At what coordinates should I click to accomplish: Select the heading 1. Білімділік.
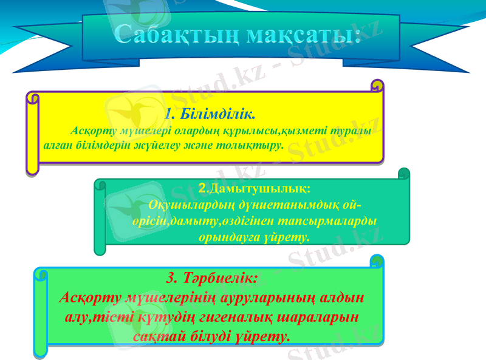[x=210, y=114]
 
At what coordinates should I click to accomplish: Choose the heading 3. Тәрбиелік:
[x=212, y=277]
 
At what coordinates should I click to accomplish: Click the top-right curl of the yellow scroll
[x=377, y=86]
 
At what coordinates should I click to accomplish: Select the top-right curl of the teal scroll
[x=403, y=174]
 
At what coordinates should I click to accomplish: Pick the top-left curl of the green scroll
[x=41, y=274]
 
